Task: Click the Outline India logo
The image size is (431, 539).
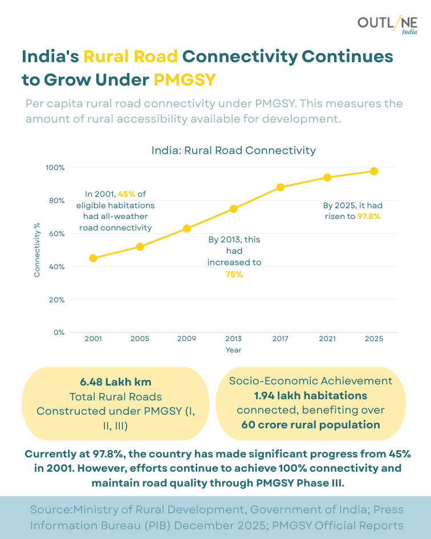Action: click(x=387, y=25)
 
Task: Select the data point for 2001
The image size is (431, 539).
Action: click(x=93, y=258)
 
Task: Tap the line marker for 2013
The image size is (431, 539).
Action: click(x=234, y=209)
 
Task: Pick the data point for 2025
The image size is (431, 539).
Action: click(x=374, y=171)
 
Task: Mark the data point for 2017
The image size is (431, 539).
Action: click(x=280, y=187)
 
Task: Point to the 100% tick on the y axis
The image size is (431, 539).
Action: click(x=55, y=168)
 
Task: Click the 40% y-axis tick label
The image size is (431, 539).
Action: click(x=57, y=267)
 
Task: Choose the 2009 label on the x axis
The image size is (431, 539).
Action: click(x=186, y=339)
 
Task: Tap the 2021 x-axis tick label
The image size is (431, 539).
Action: click(x=327, y=339)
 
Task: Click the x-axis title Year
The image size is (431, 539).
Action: click(x=233, y=350)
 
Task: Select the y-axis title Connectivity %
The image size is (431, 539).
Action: click(x=37, y=250)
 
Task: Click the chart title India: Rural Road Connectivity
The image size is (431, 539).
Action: click(x=233, y=151)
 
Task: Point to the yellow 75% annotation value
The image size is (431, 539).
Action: click(x=234, y=274)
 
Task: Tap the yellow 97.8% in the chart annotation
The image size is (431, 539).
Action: click(x=369, y=217)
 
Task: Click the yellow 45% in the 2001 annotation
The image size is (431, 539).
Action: click(x=127, y=193)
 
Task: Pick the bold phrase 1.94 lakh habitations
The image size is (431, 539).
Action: click(x=310, y=395)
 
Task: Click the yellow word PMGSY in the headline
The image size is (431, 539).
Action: click(x=185, y=80)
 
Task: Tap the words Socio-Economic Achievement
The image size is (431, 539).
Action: click(x=310, y=381)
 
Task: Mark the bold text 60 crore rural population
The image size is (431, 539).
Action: click(x=310, y=424)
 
